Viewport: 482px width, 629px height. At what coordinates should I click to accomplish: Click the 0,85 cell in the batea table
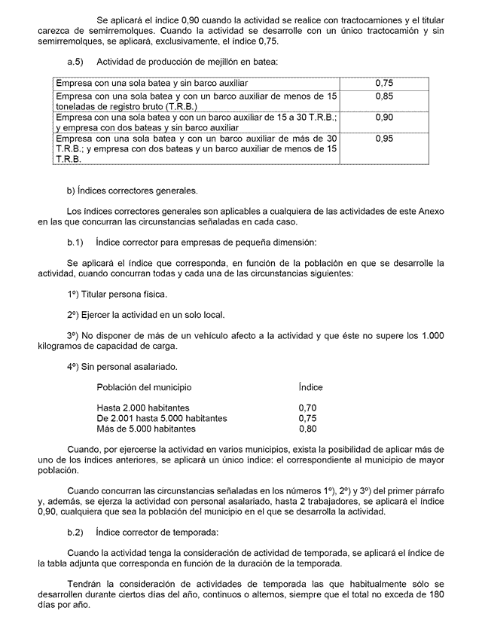tap(383, 97)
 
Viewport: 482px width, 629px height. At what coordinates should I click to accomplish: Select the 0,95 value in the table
tap(383, 139)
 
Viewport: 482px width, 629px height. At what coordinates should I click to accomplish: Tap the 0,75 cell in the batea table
tap(383, 83)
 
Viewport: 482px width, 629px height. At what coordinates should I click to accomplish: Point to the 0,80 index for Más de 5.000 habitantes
tap(307, 429)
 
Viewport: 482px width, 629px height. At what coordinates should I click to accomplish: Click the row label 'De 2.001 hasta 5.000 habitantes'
tap(162, 418)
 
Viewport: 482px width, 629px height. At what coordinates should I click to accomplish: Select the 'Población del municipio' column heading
tap(144, 387)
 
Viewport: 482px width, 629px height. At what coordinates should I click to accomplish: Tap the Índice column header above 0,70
tap(310, 387)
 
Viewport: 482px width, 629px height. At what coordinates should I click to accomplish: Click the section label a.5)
tap(75, 61)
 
